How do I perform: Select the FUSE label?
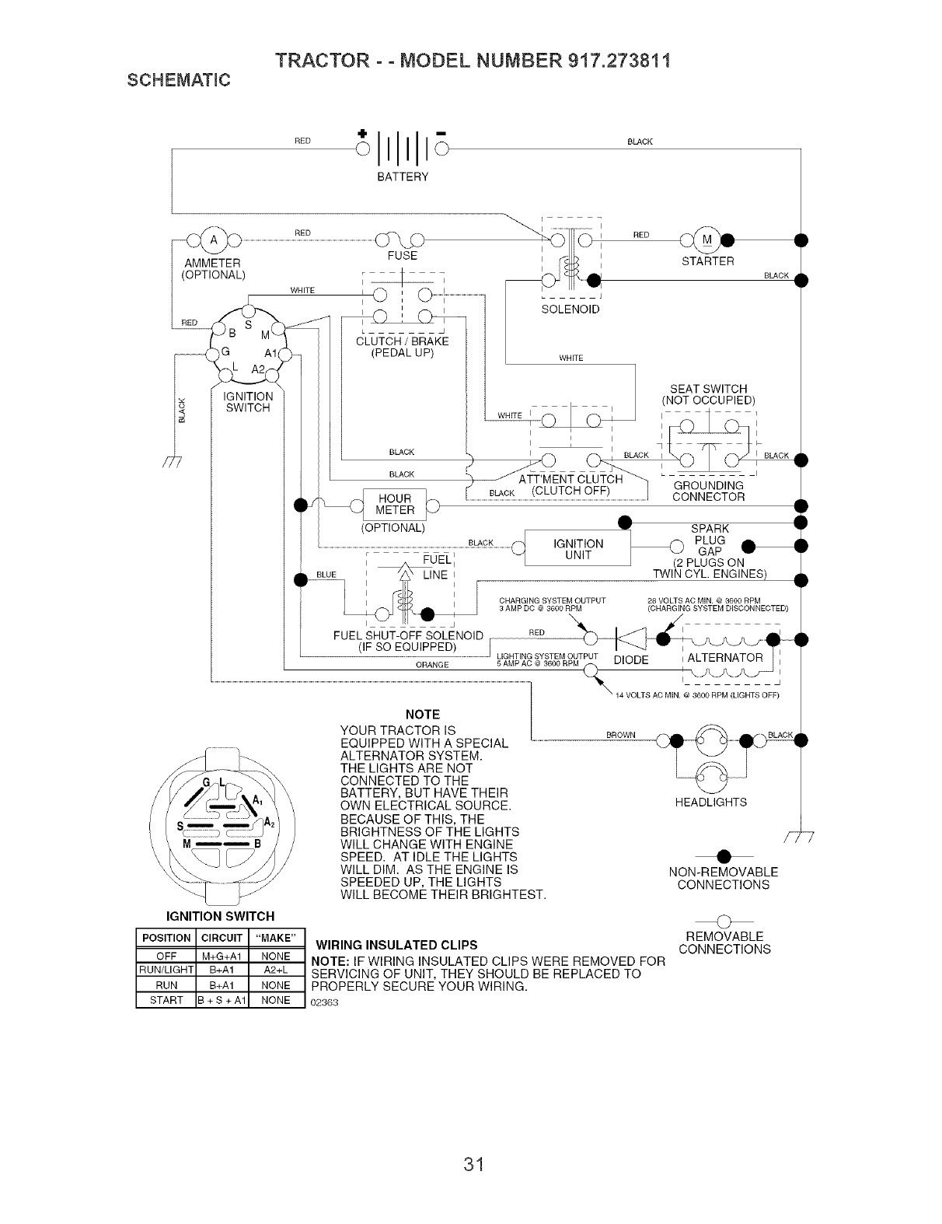[x=402, y=256]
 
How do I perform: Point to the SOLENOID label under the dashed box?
[x=570, y=309]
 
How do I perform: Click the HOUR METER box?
[x=394, y=505]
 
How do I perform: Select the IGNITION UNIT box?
[x=577, y=549]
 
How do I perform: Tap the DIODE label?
[x=630, y=659]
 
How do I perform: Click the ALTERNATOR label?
[x=725, y=657]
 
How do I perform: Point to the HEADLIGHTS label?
[x=711, y=802]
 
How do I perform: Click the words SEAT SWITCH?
[x=708, y=389]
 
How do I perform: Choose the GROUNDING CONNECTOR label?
[x=708, y=491]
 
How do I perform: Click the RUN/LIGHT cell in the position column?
[x=166, y=970]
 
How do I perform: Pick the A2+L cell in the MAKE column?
[x=276, y=970]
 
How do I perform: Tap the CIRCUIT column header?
[x=223, y=938]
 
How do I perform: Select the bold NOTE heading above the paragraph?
[x=424, y=714]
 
